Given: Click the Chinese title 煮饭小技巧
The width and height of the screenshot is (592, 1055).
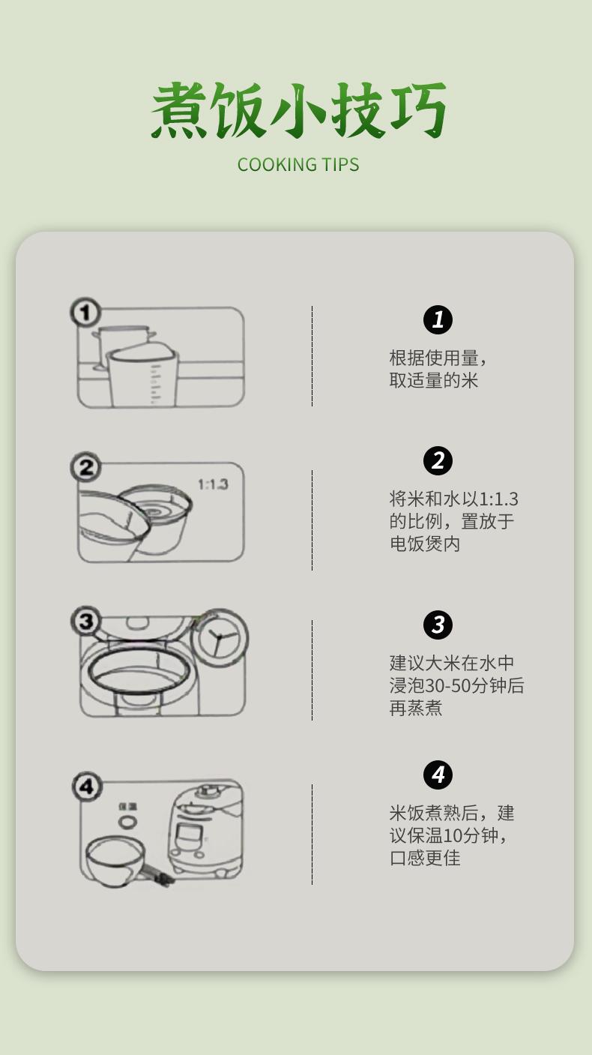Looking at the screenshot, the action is [298, 110].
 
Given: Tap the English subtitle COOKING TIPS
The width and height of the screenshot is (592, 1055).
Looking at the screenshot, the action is [298, 165].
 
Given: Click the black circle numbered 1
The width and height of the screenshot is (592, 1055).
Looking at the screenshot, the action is [438, 319].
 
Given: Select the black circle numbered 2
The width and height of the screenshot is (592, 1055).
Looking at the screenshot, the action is [438, 460].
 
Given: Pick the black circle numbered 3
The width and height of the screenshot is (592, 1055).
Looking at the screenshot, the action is [438, 625].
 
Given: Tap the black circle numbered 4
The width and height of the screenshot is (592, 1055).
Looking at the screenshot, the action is [438, 775].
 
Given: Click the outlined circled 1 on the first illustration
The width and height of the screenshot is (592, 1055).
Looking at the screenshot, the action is [85, 312].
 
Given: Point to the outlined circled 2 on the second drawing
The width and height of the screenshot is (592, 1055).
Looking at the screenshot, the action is [85, 467].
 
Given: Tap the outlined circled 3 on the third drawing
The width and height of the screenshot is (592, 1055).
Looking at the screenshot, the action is [85, 621].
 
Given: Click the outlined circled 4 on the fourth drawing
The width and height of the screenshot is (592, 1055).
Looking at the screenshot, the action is [87, 786].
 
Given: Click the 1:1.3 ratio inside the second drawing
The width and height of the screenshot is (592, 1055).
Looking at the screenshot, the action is [213, 484].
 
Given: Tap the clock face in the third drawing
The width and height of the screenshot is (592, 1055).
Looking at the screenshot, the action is [220, 637].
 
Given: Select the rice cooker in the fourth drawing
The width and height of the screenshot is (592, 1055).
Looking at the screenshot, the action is [206, 830].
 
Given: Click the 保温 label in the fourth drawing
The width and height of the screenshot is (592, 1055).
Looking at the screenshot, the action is [127, 807].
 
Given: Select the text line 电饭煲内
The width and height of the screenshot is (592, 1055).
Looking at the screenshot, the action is [424, 544].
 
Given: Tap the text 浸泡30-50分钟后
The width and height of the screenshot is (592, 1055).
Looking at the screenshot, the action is [456, 685].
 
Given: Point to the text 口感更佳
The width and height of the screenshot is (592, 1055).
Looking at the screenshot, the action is [424, 858].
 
